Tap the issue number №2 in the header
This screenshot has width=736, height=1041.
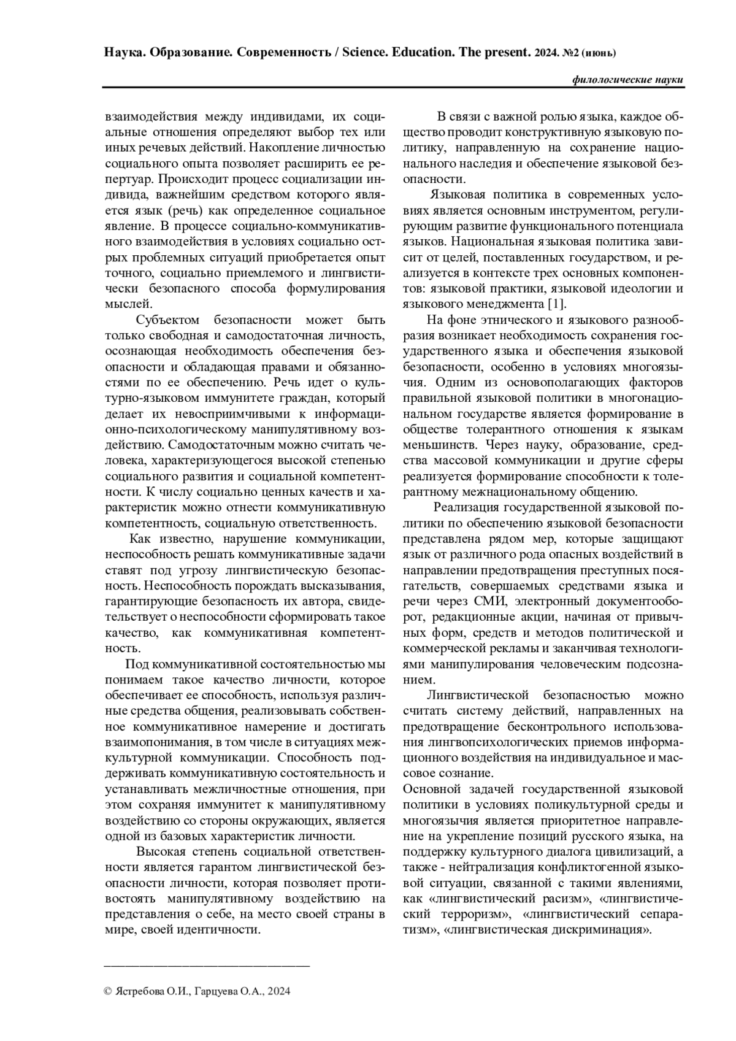click(570, 53)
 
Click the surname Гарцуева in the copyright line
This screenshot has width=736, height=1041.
click(218, 991)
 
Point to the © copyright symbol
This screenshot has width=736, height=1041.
click(109, 991)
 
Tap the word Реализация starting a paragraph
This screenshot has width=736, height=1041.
click(465, 507)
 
